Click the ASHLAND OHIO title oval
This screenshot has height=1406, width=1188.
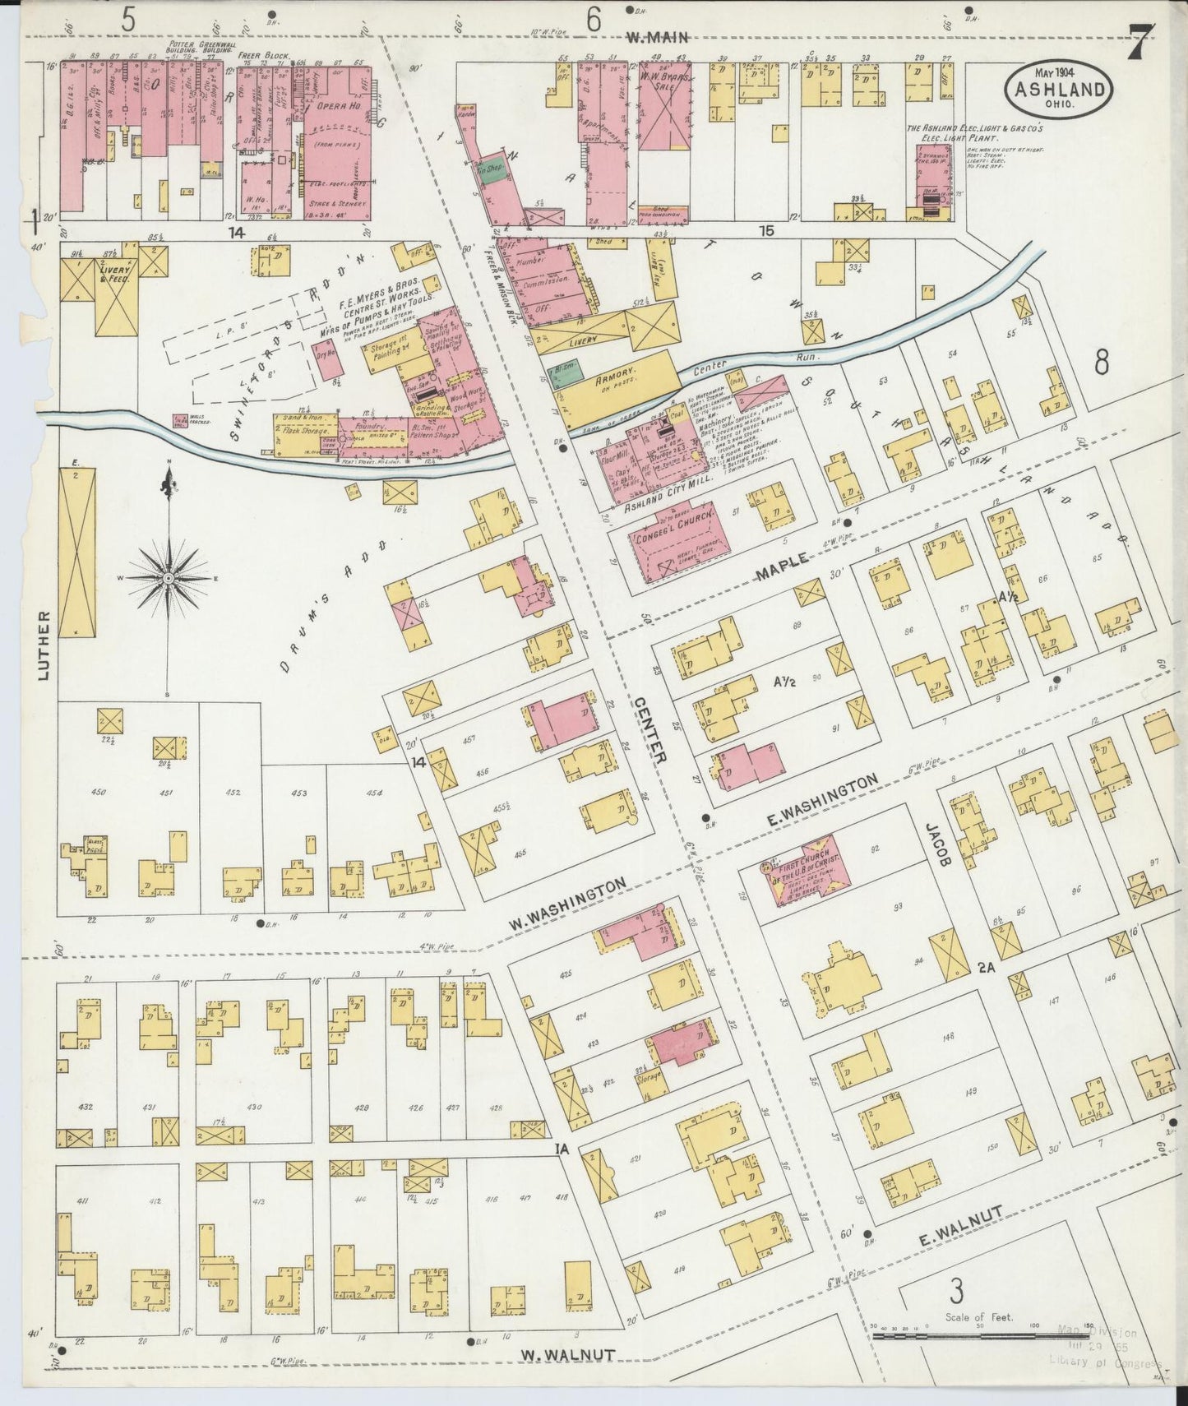click(1058, 87)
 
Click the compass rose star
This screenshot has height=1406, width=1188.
click(168, 579)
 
